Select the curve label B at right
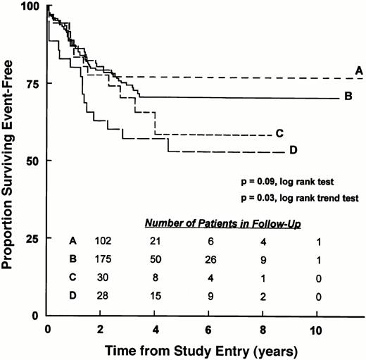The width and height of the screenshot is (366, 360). tap(348, 96)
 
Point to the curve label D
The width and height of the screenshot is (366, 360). tap(293, 149)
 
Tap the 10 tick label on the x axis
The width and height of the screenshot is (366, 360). tap(300, 329)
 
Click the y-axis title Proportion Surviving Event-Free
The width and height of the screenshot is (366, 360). tap(10, 161)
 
